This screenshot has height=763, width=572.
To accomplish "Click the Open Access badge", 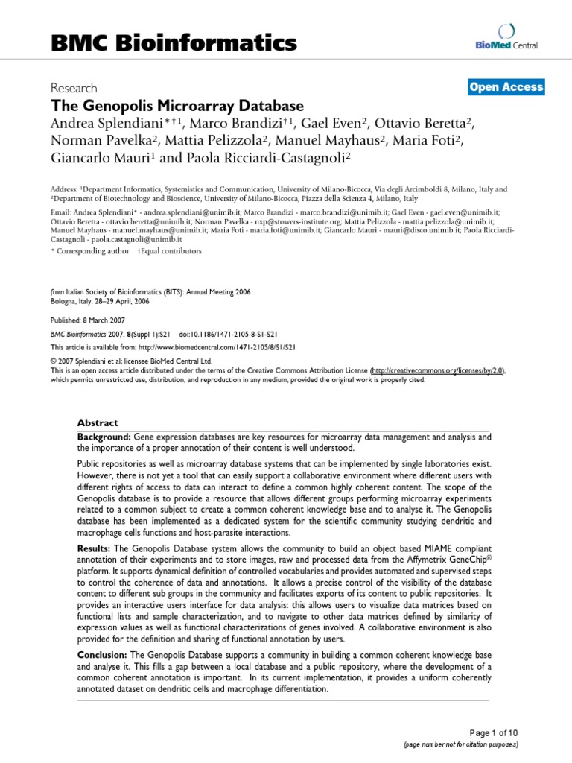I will [506, 87].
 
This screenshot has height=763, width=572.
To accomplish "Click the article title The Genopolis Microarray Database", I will [177, 106].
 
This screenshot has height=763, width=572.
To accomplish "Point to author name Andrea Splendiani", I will [111, 123].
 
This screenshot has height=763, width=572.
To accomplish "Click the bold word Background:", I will [104, 435].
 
